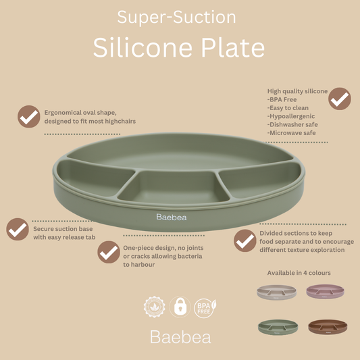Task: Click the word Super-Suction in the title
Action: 177,18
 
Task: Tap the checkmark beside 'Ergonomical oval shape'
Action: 28,116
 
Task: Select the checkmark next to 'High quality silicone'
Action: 339,99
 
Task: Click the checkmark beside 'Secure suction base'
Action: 18,229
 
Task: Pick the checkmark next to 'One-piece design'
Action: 108,252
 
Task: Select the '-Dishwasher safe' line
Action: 292,124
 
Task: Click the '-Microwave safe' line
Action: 291,133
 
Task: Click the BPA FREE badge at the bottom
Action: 204,307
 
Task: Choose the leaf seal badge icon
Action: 155,307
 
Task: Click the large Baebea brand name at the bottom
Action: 180,336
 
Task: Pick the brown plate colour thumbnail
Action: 327,327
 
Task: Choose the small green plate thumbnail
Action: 277,327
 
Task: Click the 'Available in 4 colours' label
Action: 299,273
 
